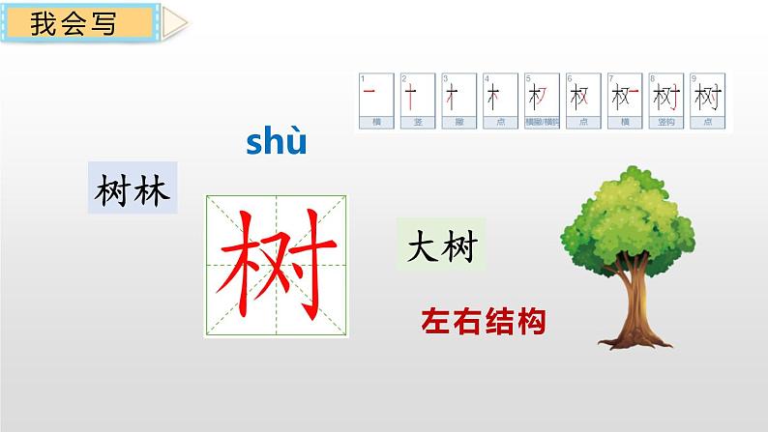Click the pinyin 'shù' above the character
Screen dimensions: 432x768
[276, 142]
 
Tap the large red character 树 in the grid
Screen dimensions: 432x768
[277, 265]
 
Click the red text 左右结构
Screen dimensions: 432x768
[483, 320]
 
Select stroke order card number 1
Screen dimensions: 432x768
[369, 101]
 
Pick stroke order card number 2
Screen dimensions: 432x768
[411, 101]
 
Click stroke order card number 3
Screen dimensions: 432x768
[453, 101]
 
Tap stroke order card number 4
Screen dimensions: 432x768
[494, 101]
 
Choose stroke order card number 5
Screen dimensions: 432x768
[536, 101]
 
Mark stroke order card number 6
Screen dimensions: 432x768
[577, 101]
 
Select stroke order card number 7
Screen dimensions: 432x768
[619, 101]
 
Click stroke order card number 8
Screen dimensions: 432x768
[662, 101]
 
